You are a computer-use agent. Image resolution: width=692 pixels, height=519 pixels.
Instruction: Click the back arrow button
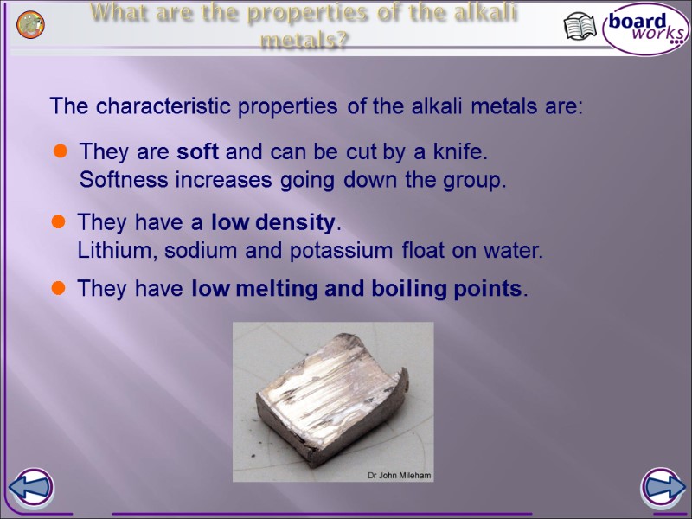point(32,488)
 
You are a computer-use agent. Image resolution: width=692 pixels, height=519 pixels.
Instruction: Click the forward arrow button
point(662,488)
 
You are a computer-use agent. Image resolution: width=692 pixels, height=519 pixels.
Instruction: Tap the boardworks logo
point(645,27)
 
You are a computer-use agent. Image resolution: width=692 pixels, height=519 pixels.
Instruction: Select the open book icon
point(580,27)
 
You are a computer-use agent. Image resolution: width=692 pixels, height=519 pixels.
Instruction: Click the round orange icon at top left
point(31,25)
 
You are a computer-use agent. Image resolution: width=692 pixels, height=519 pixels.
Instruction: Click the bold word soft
point(197,153)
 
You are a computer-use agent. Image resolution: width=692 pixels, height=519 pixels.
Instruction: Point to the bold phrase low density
point(272,223)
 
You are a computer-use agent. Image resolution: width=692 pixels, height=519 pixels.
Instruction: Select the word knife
point(461,153)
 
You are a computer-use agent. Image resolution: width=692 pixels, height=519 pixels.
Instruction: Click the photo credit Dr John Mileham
point(399,476)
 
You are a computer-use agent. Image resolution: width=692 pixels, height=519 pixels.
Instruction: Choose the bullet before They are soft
point(61,153)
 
